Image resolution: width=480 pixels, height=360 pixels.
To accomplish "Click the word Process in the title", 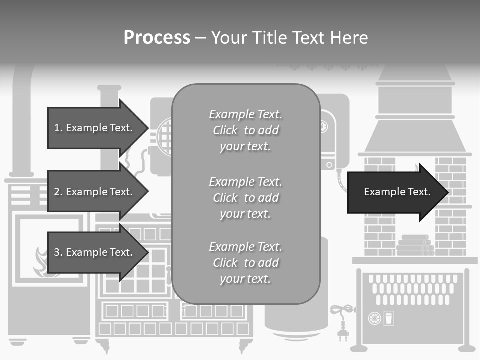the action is point(157,37).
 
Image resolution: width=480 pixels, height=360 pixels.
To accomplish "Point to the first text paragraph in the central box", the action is point(245,130).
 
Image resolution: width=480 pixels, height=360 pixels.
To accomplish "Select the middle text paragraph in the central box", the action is point(245,198).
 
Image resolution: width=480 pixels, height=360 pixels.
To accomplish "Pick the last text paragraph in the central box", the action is point(245,263).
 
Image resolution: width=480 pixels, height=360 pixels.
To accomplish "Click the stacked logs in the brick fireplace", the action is point(414,246).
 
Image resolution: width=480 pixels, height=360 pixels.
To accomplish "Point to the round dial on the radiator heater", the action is point(373,318).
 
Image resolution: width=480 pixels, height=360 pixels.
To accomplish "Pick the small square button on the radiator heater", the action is point(388,318).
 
